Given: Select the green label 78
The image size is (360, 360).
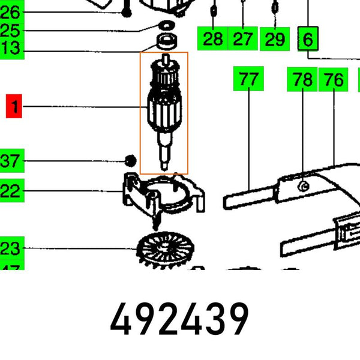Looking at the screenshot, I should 303,79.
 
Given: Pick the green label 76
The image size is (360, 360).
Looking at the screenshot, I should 334,79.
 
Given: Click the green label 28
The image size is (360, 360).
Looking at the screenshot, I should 212,40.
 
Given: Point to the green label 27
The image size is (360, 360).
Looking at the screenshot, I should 242,40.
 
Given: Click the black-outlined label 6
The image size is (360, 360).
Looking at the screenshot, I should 308,40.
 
